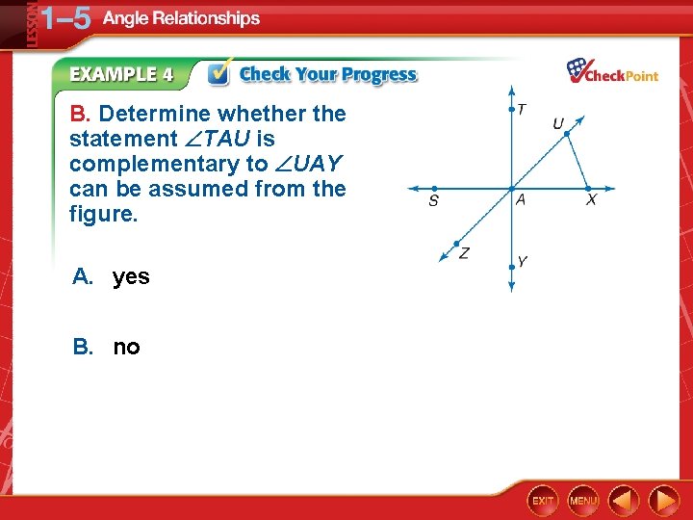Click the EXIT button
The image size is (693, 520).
(x=543, y=501)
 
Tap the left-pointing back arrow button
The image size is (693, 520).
(x=624, y=501)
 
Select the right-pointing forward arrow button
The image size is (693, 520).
(x=664, y=501)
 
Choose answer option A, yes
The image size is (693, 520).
(x=111, y=277)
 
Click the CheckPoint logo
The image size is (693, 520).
(x=612, y=72)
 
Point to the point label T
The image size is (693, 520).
(x=521, y=109)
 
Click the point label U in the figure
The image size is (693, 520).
(x=558, y=123)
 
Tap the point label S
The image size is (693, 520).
(x=434, y=202)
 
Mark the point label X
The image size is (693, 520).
(x=591, y=200)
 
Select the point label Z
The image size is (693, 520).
(x=464, y=252)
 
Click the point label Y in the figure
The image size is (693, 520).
(x=522, y=261)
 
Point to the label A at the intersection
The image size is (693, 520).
(x=520, y=200)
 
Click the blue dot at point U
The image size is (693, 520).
(x=567, y=134)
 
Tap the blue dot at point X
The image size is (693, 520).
(x=588, y=188)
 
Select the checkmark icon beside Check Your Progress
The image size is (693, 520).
(x=219, y=73)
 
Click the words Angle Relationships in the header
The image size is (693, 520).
(x=181, y=18)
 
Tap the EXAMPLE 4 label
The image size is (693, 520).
(x=121, y=74)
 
